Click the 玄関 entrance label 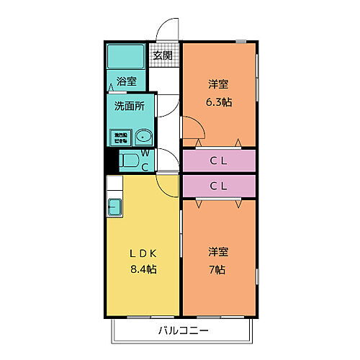[162, 55]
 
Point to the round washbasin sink [143, 136]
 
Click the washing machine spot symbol [119, 136]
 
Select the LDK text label [143, 253]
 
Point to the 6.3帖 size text [219, 102]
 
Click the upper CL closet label [219, 161]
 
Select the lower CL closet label [219, 186]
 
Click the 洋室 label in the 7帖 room [219, 252]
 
